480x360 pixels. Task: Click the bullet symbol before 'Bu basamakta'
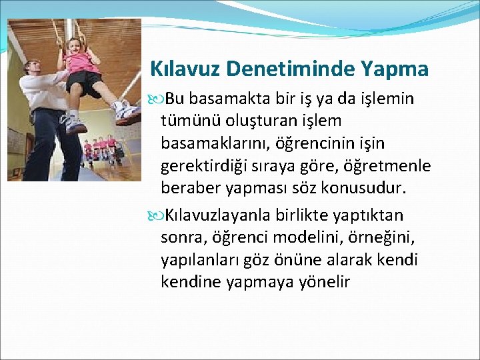click(158, 99)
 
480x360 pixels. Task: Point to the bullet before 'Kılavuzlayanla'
click(158, 215)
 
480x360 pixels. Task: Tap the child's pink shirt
click(82, 63)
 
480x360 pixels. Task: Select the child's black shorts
click(85, 83)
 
